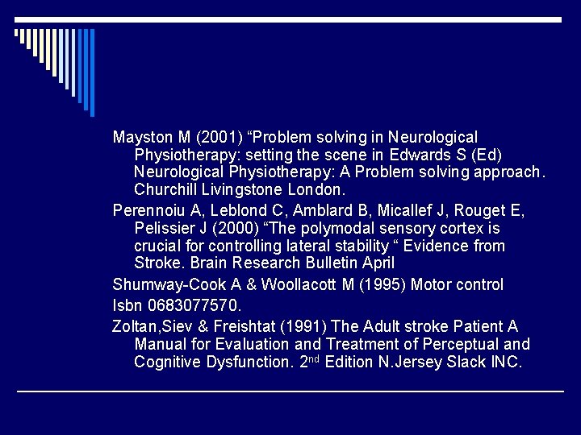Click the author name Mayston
pos(141,138)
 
